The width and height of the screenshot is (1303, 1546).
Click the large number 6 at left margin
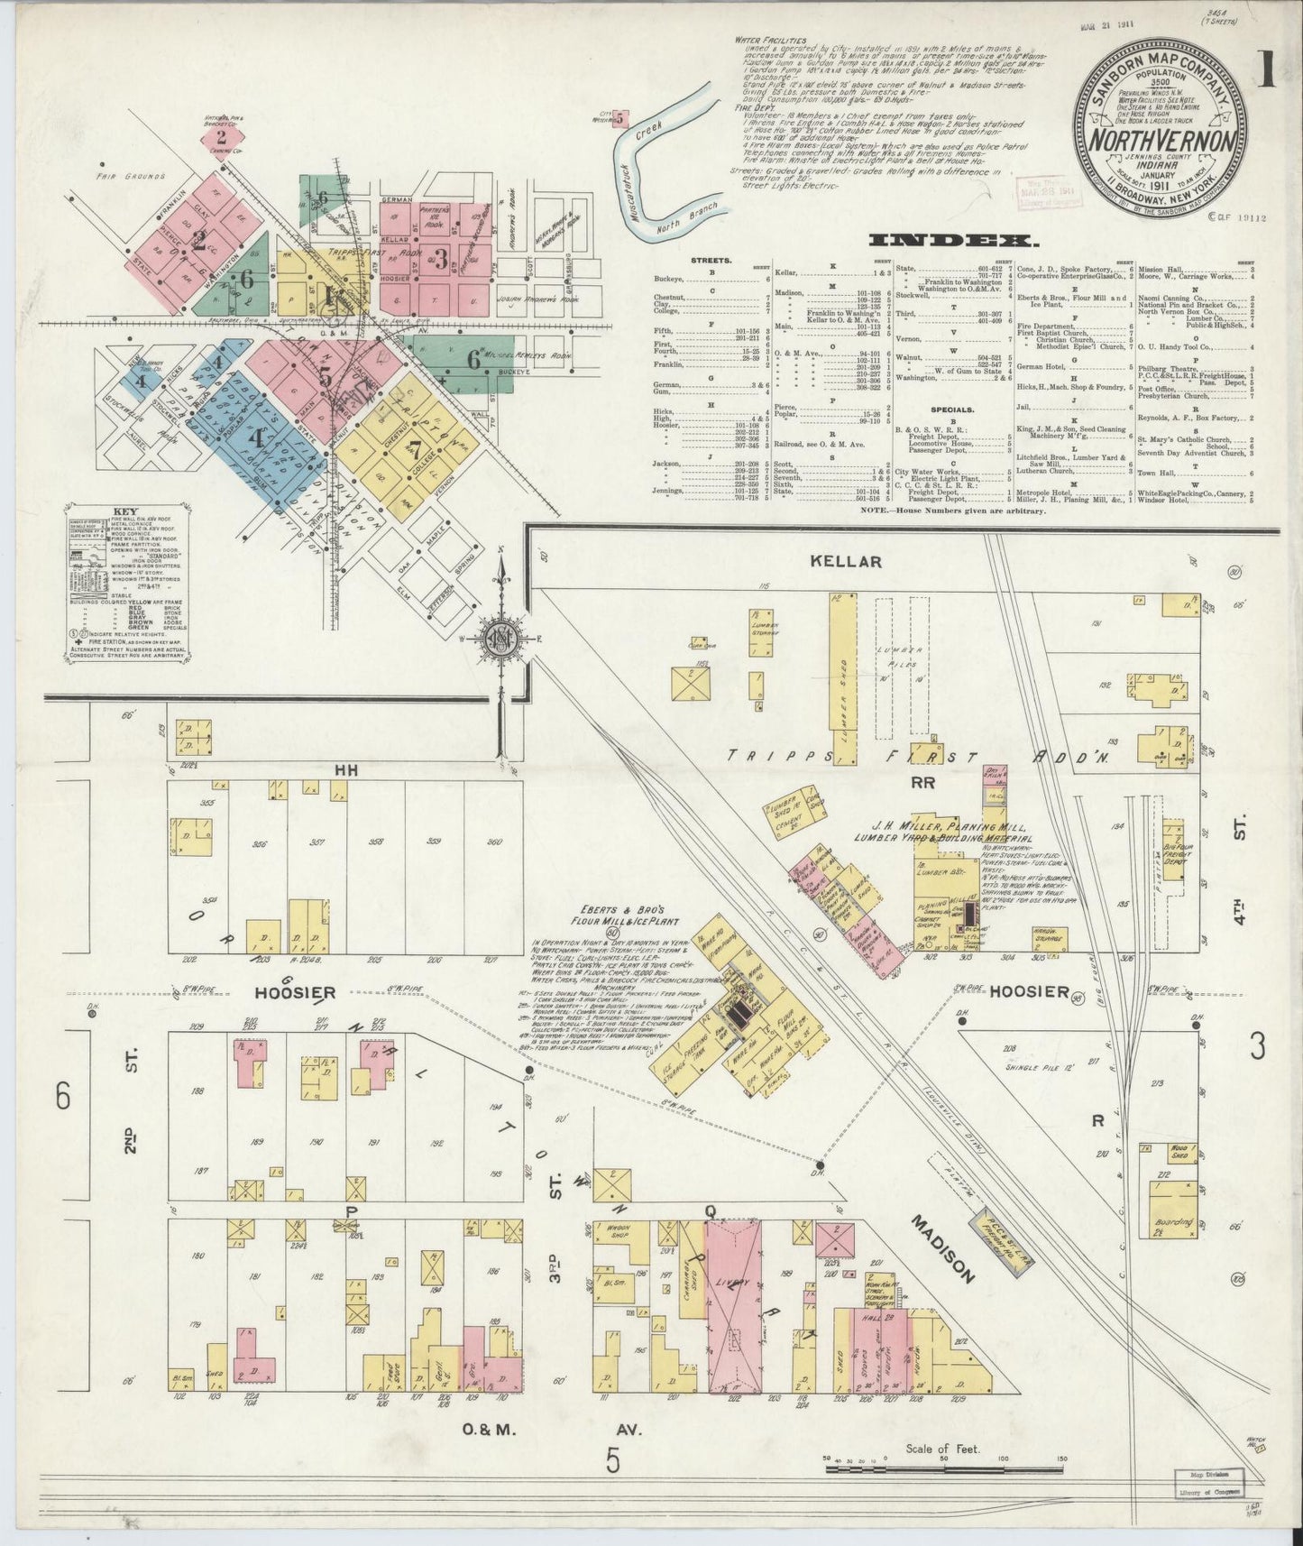point(61,1098)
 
